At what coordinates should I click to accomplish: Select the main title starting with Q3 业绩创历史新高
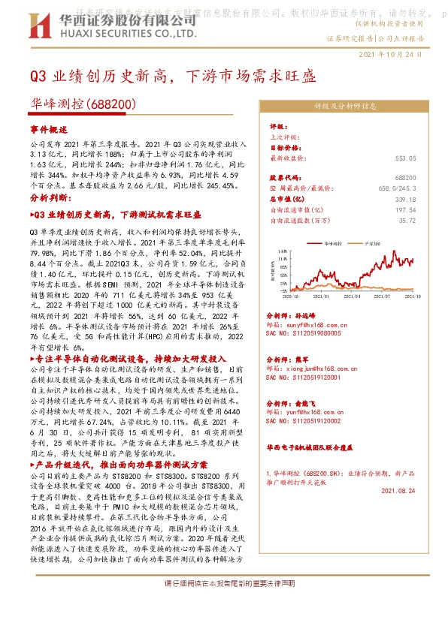(173, 77)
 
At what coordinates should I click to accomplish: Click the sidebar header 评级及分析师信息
(346, 107)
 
